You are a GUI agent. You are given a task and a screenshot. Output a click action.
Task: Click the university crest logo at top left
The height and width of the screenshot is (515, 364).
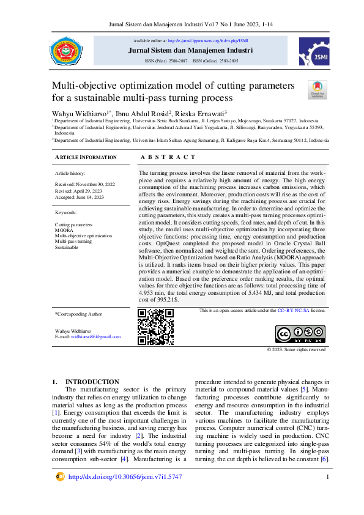pyautogui.click(x=65, y=51)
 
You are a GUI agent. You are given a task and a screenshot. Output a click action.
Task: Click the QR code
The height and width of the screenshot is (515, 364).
pyautogui.click(x=156, y=327)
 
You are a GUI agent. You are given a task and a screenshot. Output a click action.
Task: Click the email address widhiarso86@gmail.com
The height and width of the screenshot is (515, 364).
pyautogui.click(x=95, y=337)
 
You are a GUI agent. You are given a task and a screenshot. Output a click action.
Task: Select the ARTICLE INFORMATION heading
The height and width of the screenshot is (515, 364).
pyautogui.click(x=86, y=158)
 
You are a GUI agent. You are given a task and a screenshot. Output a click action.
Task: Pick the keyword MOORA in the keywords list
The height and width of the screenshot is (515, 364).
pyautogui.click(x=64, y=230)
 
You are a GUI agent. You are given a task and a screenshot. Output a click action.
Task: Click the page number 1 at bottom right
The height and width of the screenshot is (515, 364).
pyautogui.click(x=328, y=476)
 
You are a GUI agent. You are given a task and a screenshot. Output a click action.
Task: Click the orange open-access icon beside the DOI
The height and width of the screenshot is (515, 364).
pyautogui.click(x=60, y=476)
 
